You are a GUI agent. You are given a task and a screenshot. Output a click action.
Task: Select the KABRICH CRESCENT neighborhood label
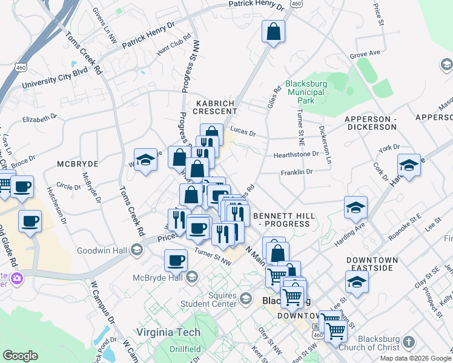pyautogui.click(x=215, y=107)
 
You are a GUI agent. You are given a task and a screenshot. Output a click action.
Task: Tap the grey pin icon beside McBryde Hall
pyautogui.click(x=192, y=277)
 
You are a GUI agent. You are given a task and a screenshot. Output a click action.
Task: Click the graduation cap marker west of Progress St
pyautogui.click(x=145, y=160)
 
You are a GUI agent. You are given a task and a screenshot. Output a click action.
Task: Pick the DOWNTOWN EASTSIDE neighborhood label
pyautogui.click(x=372, y=264)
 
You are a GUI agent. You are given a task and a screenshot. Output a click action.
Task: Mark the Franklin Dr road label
pyautogui.click(x=296, y=172)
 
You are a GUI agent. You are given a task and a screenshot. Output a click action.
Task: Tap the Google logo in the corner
pyautogui.click(x=20, y=356)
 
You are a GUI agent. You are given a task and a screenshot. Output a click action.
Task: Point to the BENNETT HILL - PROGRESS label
pyautogui.click(x=282, y=220)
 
